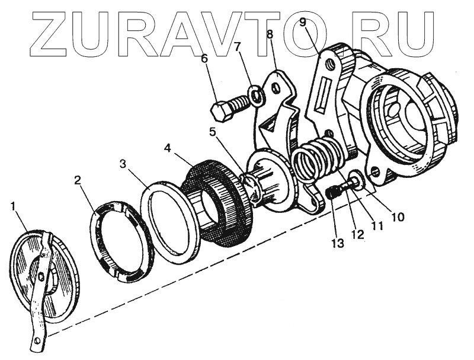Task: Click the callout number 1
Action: point(14,207)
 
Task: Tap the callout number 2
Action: point(78,180)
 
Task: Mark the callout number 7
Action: point(237,47)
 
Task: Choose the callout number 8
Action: point(270,34)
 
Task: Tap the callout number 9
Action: point(302,24)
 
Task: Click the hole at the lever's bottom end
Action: point(37,340)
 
